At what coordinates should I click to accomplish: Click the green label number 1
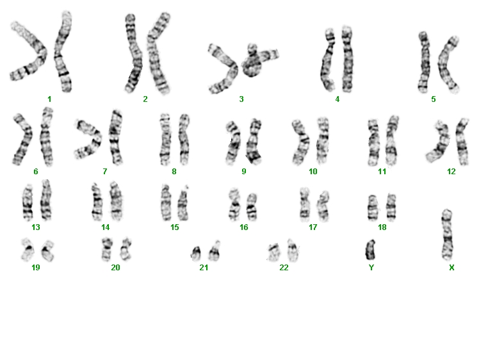49,99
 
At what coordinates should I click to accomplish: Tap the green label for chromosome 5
433,99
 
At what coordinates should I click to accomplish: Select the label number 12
451,171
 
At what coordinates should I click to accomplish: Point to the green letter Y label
371,267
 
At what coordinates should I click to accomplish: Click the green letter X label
451,267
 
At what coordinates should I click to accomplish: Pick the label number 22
284,267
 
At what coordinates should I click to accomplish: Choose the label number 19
35,267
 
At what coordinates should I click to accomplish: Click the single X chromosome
447,235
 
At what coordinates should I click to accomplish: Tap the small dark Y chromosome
370,250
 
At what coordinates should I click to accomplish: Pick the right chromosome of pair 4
347,59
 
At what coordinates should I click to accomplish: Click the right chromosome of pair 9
255,142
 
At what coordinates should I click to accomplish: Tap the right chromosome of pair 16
252,207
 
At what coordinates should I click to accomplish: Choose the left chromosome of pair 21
196,253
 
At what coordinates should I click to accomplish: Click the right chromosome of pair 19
48,250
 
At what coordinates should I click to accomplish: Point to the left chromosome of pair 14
97,202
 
